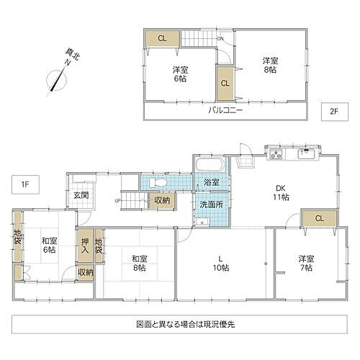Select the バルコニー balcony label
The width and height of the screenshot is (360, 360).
point(226,111)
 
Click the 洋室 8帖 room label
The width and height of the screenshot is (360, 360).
point(270,66)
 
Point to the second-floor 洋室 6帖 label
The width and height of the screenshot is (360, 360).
point(180,74)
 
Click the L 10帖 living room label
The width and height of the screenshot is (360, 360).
point(222,263)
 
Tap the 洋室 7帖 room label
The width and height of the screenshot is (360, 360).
point(307,263)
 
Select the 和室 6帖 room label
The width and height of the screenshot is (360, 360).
point(48,245)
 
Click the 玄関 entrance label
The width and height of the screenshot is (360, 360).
point(80,194)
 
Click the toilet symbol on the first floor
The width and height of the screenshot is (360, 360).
point(161,182)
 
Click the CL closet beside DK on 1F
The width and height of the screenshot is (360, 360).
point(318,218)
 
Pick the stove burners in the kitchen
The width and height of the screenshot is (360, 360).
point(276,154)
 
